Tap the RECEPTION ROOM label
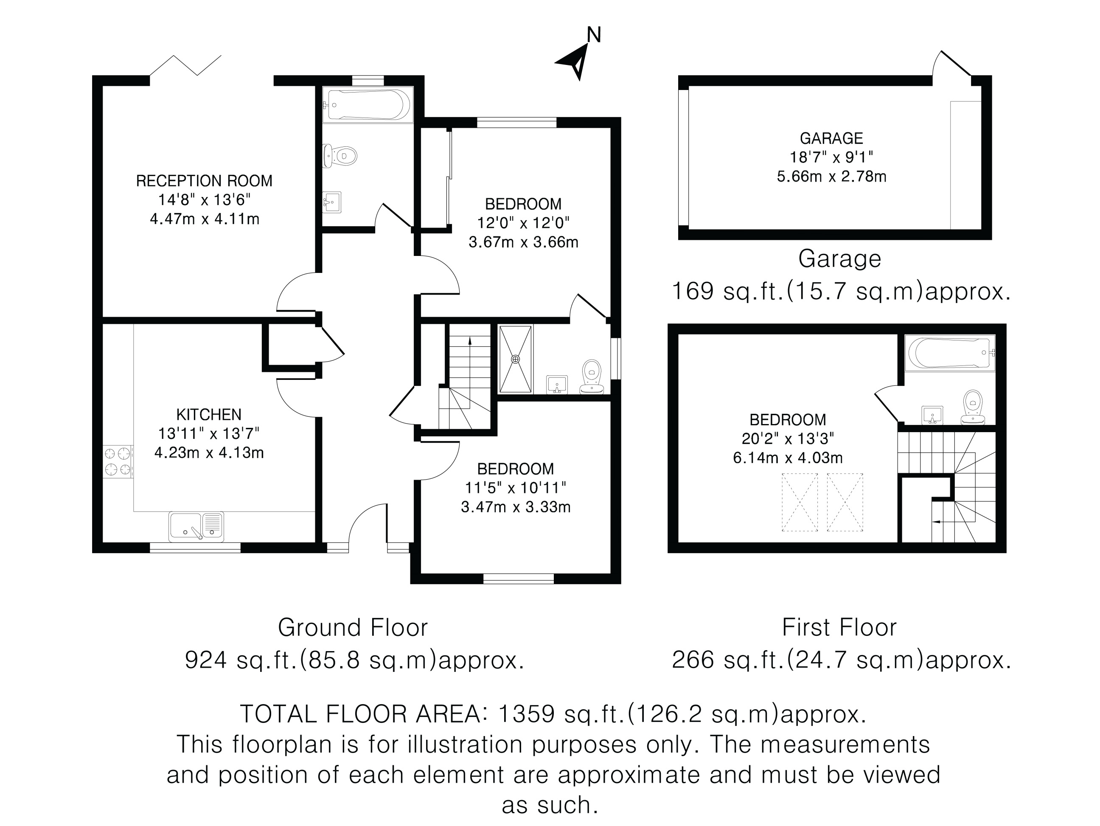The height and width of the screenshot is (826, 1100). point(205,181)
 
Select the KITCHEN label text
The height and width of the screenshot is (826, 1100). point(209,415)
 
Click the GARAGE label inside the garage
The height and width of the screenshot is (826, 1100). point(831,138)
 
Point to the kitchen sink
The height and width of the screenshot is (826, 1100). point(196,527)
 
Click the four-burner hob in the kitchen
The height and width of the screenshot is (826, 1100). point(118,461)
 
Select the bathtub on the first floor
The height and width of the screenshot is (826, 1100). point(950,353)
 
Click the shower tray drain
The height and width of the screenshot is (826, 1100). point(516,359)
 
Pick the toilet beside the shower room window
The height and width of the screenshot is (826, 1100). point(592,377)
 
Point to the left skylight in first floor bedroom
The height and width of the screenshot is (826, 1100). point(800,502)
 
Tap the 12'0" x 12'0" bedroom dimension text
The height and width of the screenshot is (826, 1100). point(523,223)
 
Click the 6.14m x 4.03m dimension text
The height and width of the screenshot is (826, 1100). point(788,458)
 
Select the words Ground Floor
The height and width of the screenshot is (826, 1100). point(353,628)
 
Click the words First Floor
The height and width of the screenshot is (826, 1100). point(839,628)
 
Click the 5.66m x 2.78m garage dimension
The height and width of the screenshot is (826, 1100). point(831,177)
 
